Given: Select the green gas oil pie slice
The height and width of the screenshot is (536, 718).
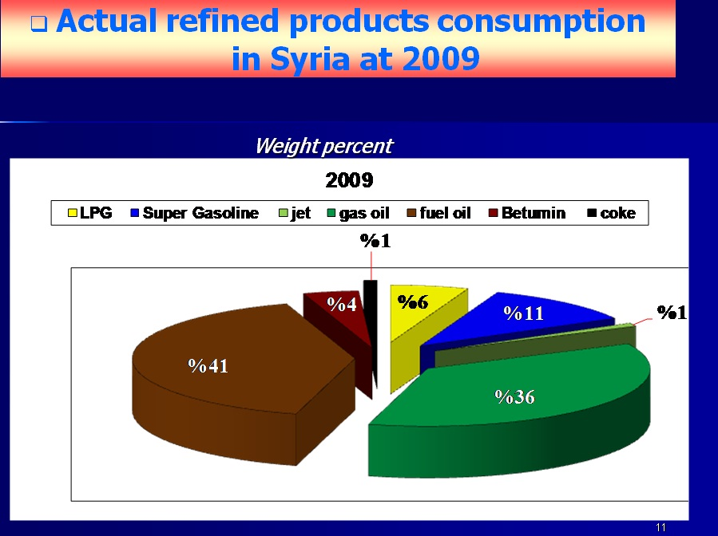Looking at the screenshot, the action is [508, 412].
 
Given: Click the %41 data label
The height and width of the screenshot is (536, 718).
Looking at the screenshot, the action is [208, 366].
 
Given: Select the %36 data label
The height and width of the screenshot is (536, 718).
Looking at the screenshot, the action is [514, 397].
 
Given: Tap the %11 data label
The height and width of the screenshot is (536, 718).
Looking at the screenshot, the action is [523, 313].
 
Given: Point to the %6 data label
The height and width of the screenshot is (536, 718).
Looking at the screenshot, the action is [413, 301].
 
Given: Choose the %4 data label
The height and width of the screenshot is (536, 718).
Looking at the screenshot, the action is [342, 304].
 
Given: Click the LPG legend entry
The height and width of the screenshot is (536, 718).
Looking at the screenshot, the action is [89, 213].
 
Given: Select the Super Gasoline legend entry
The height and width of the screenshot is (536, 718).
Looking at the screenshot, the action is [195, 213].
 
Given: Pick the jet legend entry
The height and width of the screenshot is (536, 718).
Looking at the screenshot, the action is [295, 213].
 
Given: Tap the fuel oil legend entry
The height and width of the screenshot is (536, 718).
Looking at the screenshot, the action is [439, 213].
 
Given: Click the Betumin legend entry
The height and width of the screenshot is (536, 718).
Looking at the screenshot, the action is [527, 213].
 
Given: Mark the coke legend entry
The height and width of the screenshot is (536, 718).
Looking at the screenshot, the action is [612, 213].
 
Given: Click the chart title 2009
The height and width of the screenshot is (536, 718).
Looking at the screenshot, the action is [349, 180].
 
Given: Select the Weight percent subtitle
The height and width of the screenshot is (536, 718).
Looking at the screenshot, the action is [323, 146].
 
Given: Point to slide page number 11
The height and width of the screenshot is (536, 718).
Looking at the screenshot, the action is [660, 527].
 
